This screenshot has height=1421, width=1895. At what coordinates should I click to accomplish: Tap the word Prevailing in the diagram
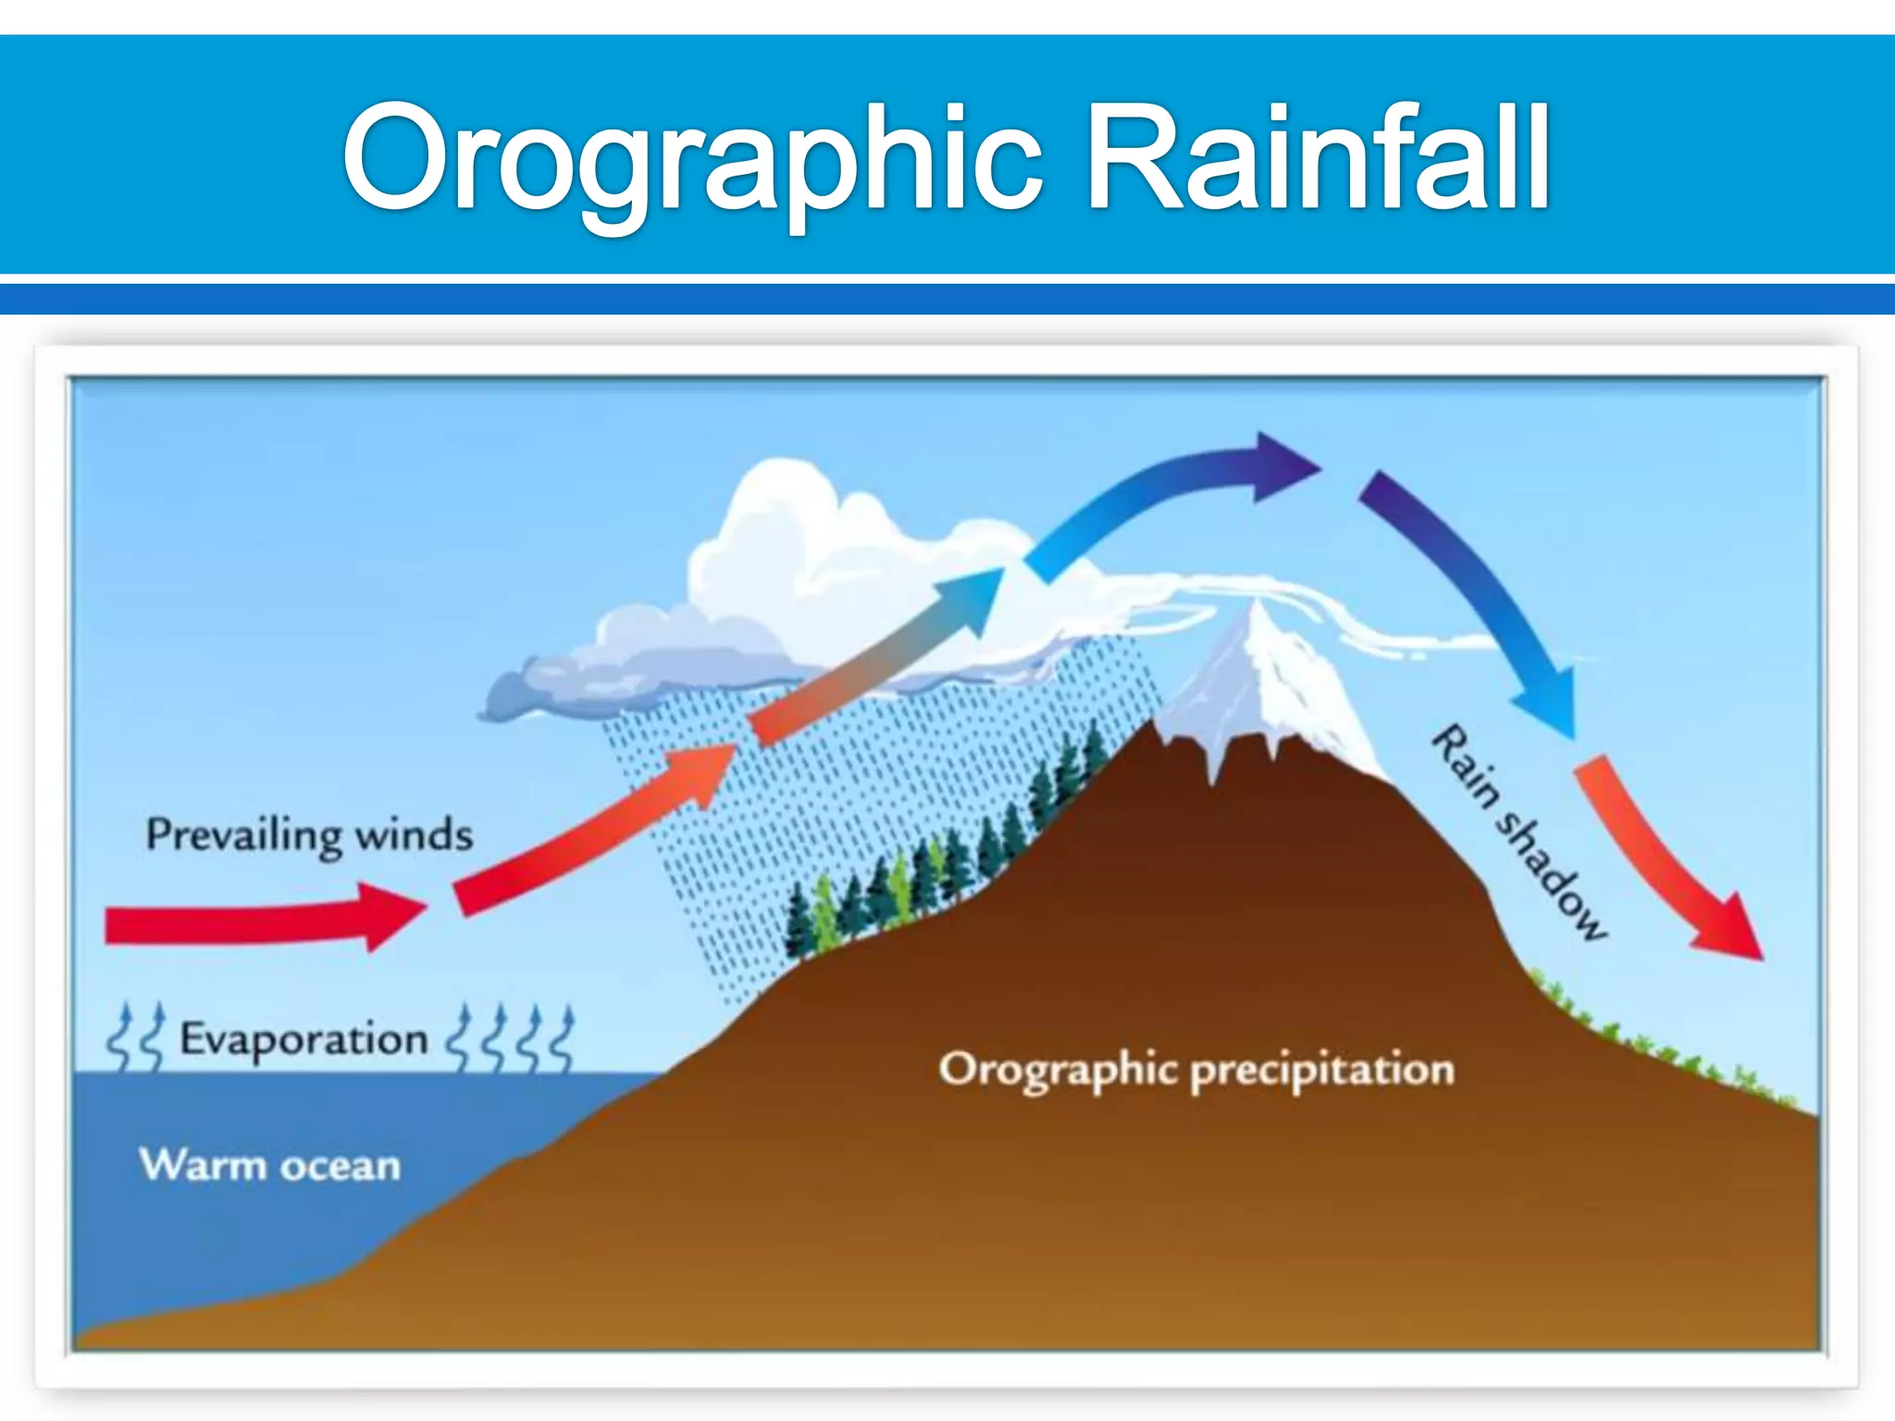pyautogui.click(x=244, y=835)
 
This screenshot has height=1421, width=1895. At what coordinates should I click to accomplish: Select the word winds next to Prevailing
pyautogui.click(x=414, y=834)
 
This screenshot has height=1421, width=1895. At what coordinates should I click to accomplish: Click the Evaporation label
pyautogui.click(x=303, y=1039)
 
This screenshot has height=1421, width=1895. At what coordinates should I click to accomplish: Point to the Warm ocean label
pyautogui.click(x=270, y=1165)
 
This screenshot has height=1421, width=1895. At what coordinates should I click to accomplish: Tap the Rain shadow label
pyautogui.click(x=1518, y=832)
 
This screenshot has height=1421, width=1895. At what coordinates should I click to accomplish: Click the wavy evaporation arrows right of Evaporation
pyautogui.click(x=512, y=1038)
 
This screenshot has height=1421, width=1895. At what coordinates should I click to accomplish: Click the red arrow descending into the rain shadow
pyautogui.click(x=1666, y=860)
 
